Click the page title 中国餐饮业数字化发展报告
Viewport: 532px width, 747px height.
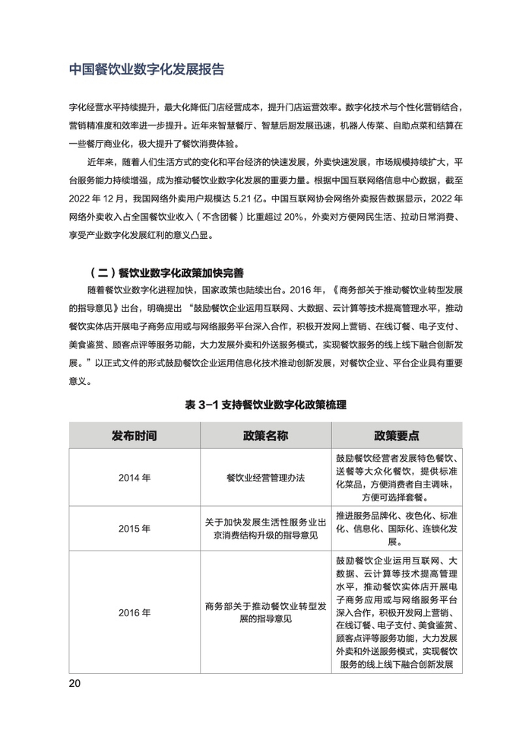pos(146,69)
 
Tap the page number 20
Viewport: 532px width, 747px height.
pos(74,682)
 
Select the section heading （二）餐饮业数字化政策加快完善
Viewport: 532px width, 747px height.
pos(167,272)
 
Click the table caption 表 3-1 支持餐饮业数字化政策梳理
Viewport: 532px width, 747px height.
pos(266,405)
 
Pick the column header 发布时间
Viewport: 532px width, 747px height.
pos(135,436)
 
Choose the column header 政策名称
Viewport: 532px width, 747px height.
pos(266,436)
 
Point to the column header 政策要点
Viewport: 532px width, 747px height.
pos(397,436)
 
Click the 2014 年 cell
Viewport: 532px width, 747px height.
pos(135,478)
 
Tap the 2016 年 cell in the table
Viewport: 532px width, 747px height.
pos(135,612)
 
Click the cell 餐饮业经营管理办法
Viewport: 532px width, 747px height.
pos(266,478)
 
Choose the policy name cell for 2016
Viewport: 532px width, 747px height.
pos(266,612)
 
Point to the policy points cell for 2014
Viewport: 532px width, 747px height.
pos(397,478)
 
